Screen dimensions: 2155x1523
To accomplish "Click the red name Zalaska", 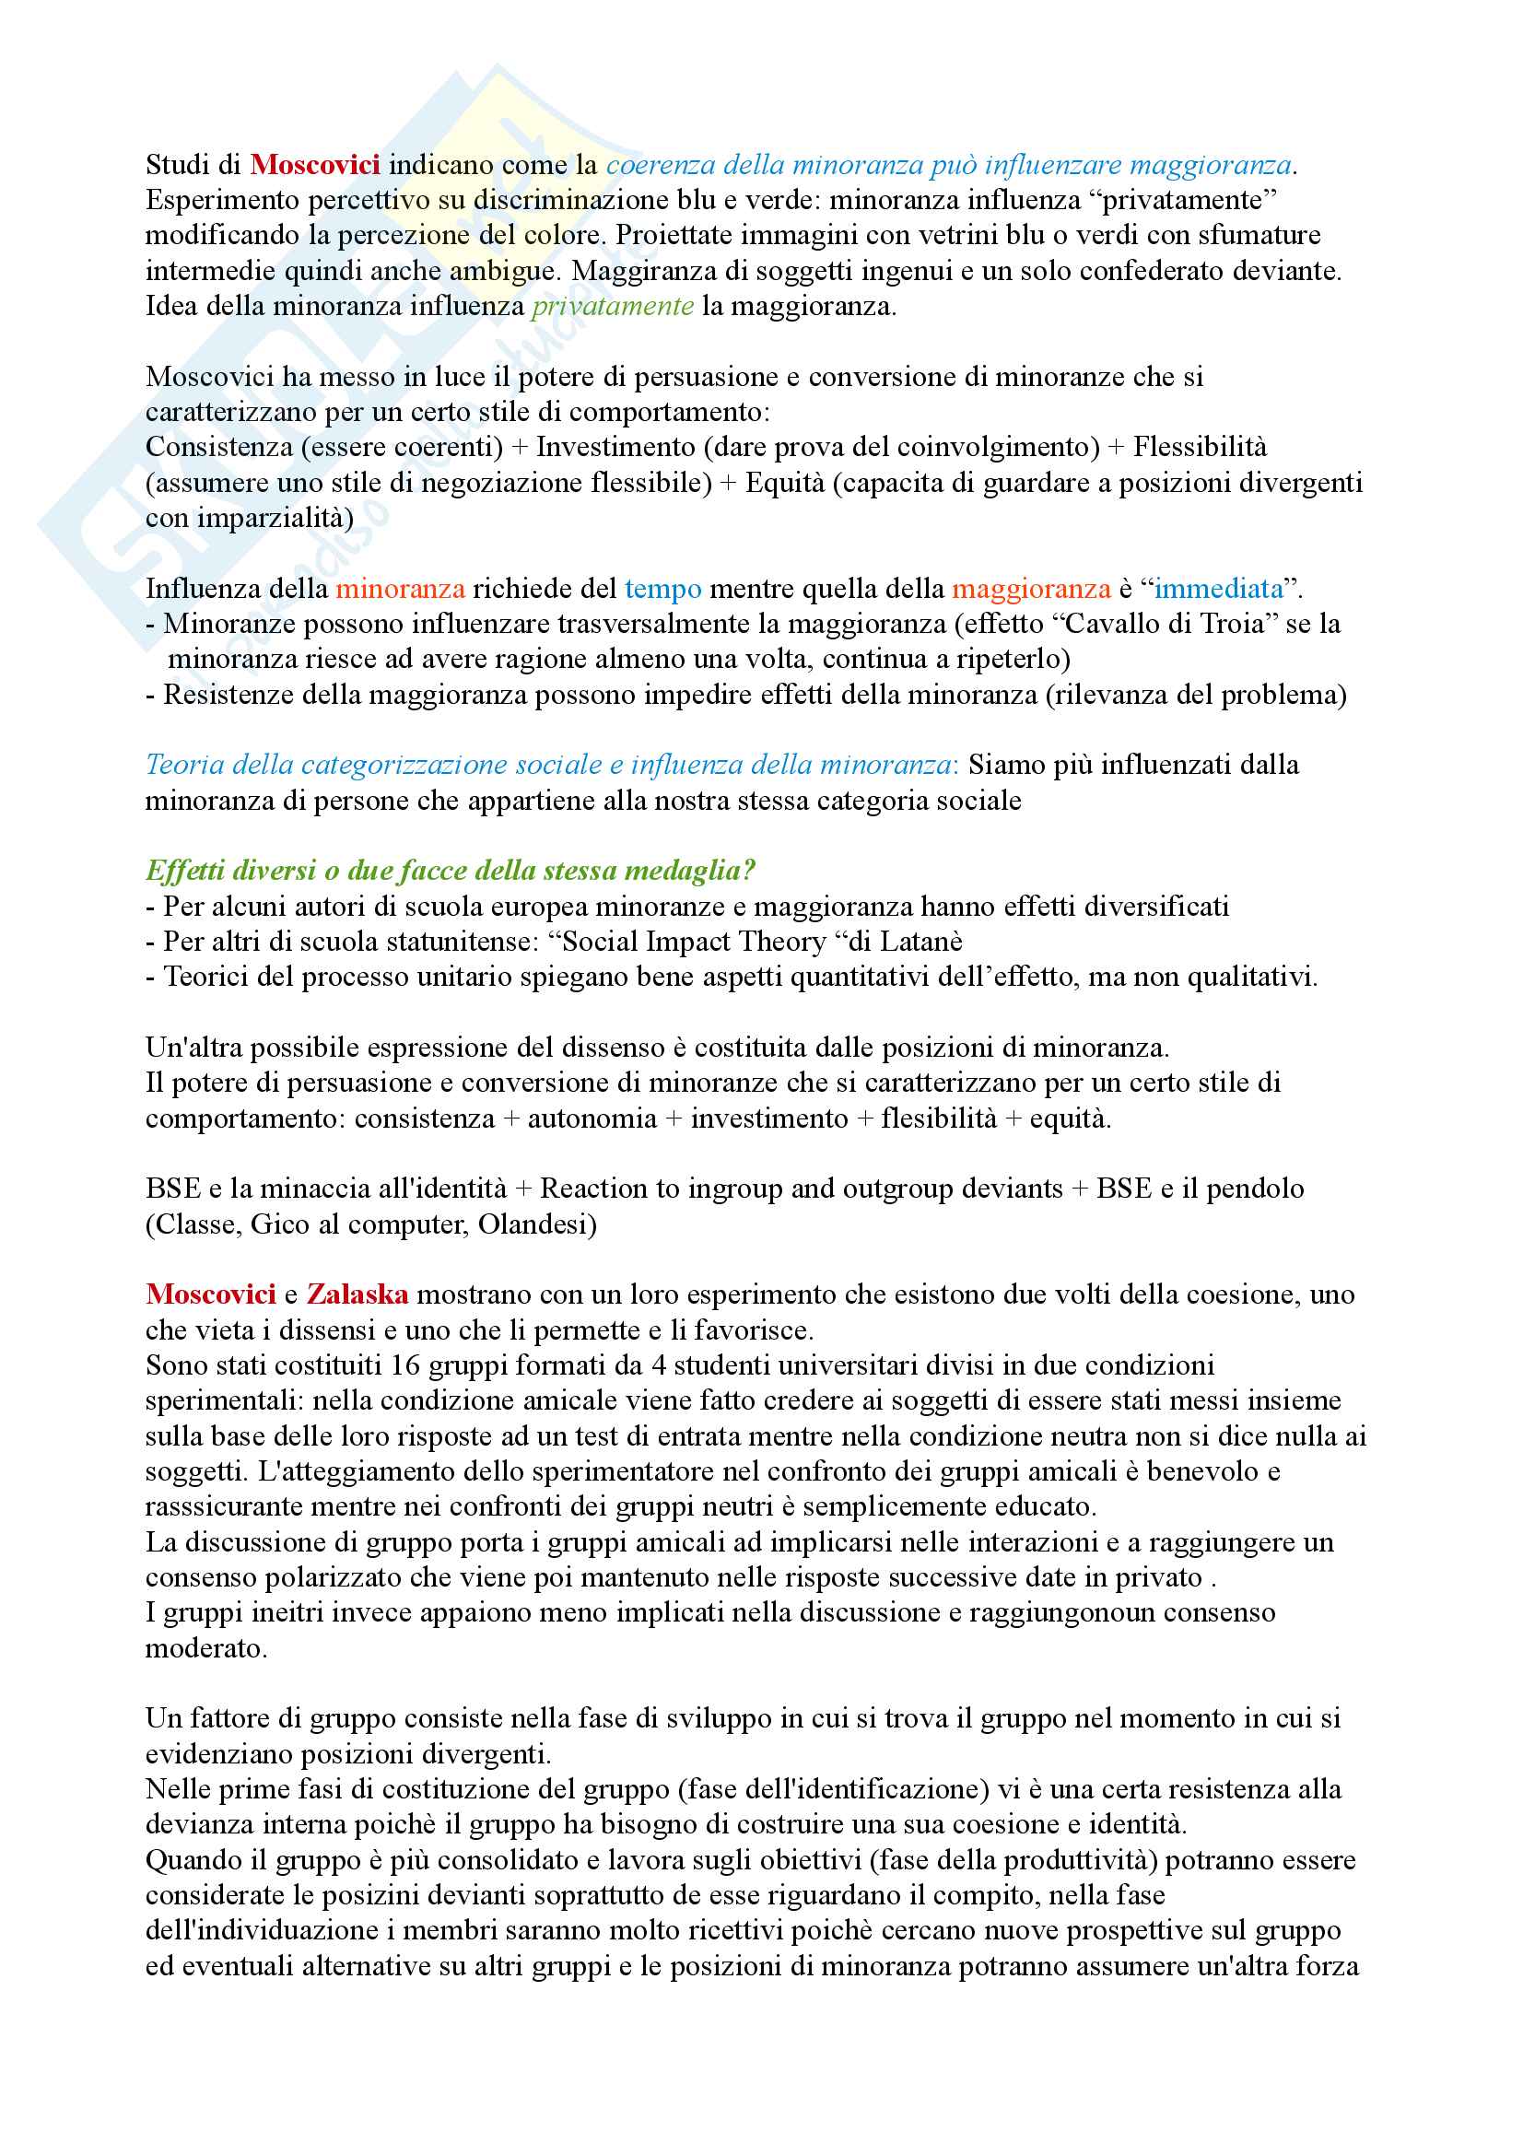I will click(357, 1294).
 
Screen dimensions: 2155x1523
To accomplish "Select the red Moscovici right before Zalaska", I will click(210, 1294).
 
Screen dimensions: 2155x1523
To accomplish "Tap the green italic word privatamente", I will click(612, 306).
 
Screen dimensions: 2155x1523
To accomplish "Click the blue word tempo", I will click(662, 589).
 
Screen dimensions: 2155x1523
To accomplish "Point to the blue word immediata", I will click(1218, 589).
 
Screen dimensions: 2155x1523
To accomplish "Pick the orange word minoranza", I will click(400, 589).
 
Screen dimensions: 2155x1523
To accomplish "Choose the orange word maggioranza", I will click(1030, 589).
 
